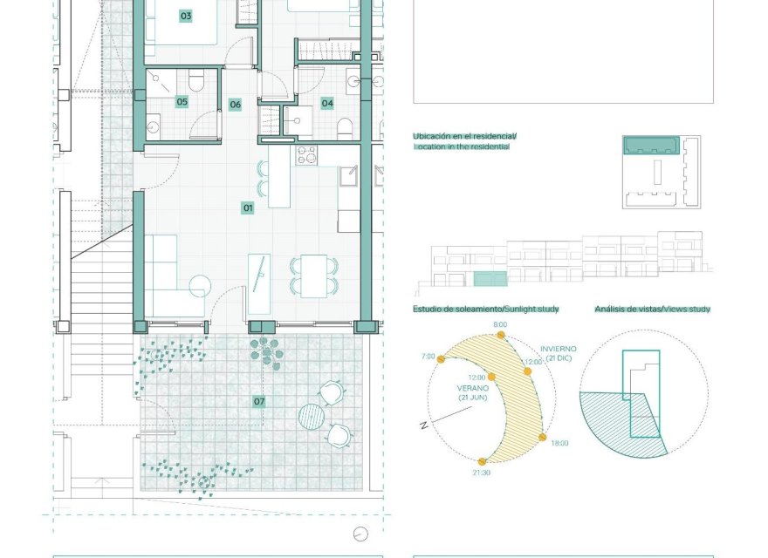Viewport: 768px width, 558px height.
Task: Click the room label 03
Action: click(185, 16)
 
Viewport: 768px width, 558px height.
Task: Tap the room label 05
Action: click(182, 102)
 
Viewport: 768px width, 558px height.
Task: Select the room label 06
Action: click(235, 105)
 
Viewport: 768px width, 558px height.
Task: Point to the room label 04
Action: click(327, 103)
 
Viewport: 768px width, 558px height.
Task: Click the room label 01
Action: click(248, 208)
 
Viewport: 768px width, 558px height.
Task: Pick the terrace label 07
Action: click(259, 402)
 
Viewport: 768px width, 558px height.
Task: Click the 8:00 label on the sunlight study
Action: click(500, 324)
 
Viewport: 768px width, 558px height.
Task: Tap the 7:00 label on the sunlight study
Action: click(428, 357)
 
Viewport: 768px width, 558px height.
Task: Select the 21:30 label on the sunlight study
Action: click(481, 473)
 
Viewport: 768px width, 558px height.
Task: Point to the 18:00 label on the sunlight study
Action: click(559, 444)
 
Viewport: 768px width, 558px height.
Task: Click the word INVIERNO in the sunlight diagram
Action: click(558, 349)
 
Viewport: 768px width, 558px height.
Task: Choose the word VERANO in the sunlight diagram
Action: click(471, 388)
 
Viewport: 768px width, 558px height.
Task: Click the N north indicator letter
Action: click(423, 425)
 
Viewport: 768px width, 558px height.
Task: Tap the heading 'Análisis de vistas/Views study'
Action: click(652, 310)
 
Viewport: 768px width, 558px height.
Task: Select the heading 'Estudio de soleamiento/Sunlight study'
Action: click(486, 310)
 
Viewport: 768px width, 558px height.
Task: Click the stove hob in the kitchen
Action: click(306, 155)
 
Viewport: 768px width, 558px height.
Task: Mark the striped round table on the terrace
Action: click(312, 416)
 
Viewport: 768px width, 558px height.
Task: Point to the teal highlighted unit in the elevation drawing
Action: click(490, 279)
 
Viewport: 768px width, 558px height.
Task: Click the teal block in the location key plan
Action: click(651, 145)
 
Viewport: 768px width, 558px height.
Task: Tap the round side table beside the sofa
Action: click(199, 284)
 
